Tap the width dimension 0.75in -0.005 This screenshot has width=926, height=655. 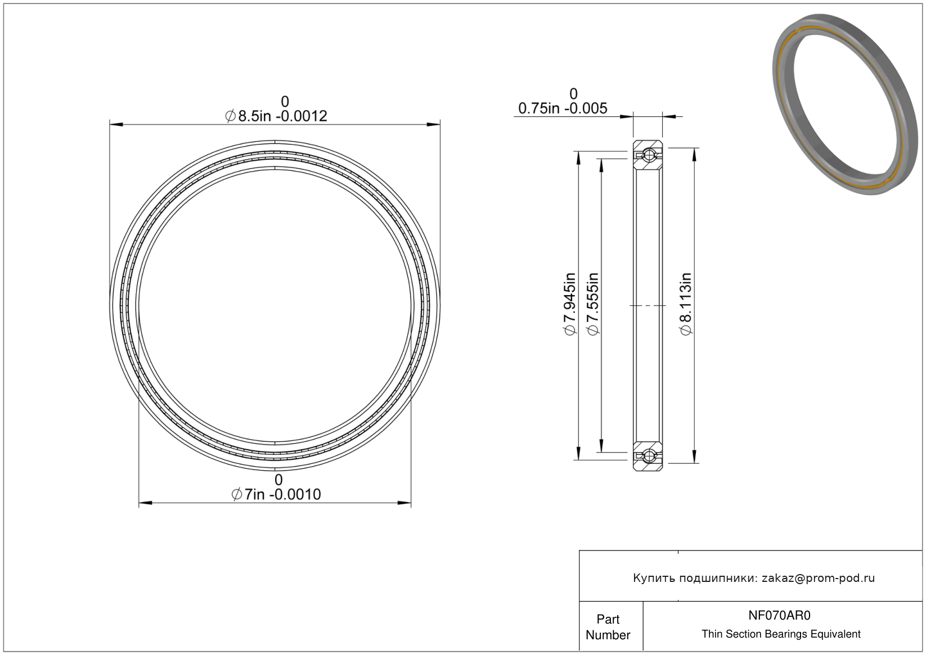(x=563, y=109)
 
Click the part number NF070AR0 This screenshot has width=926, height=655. (x=779, y=615)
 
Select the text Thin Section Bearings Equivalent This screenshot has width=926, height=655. (x=781, y=634)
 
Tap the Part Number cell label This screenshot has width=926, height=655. (x=608, y=627)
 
